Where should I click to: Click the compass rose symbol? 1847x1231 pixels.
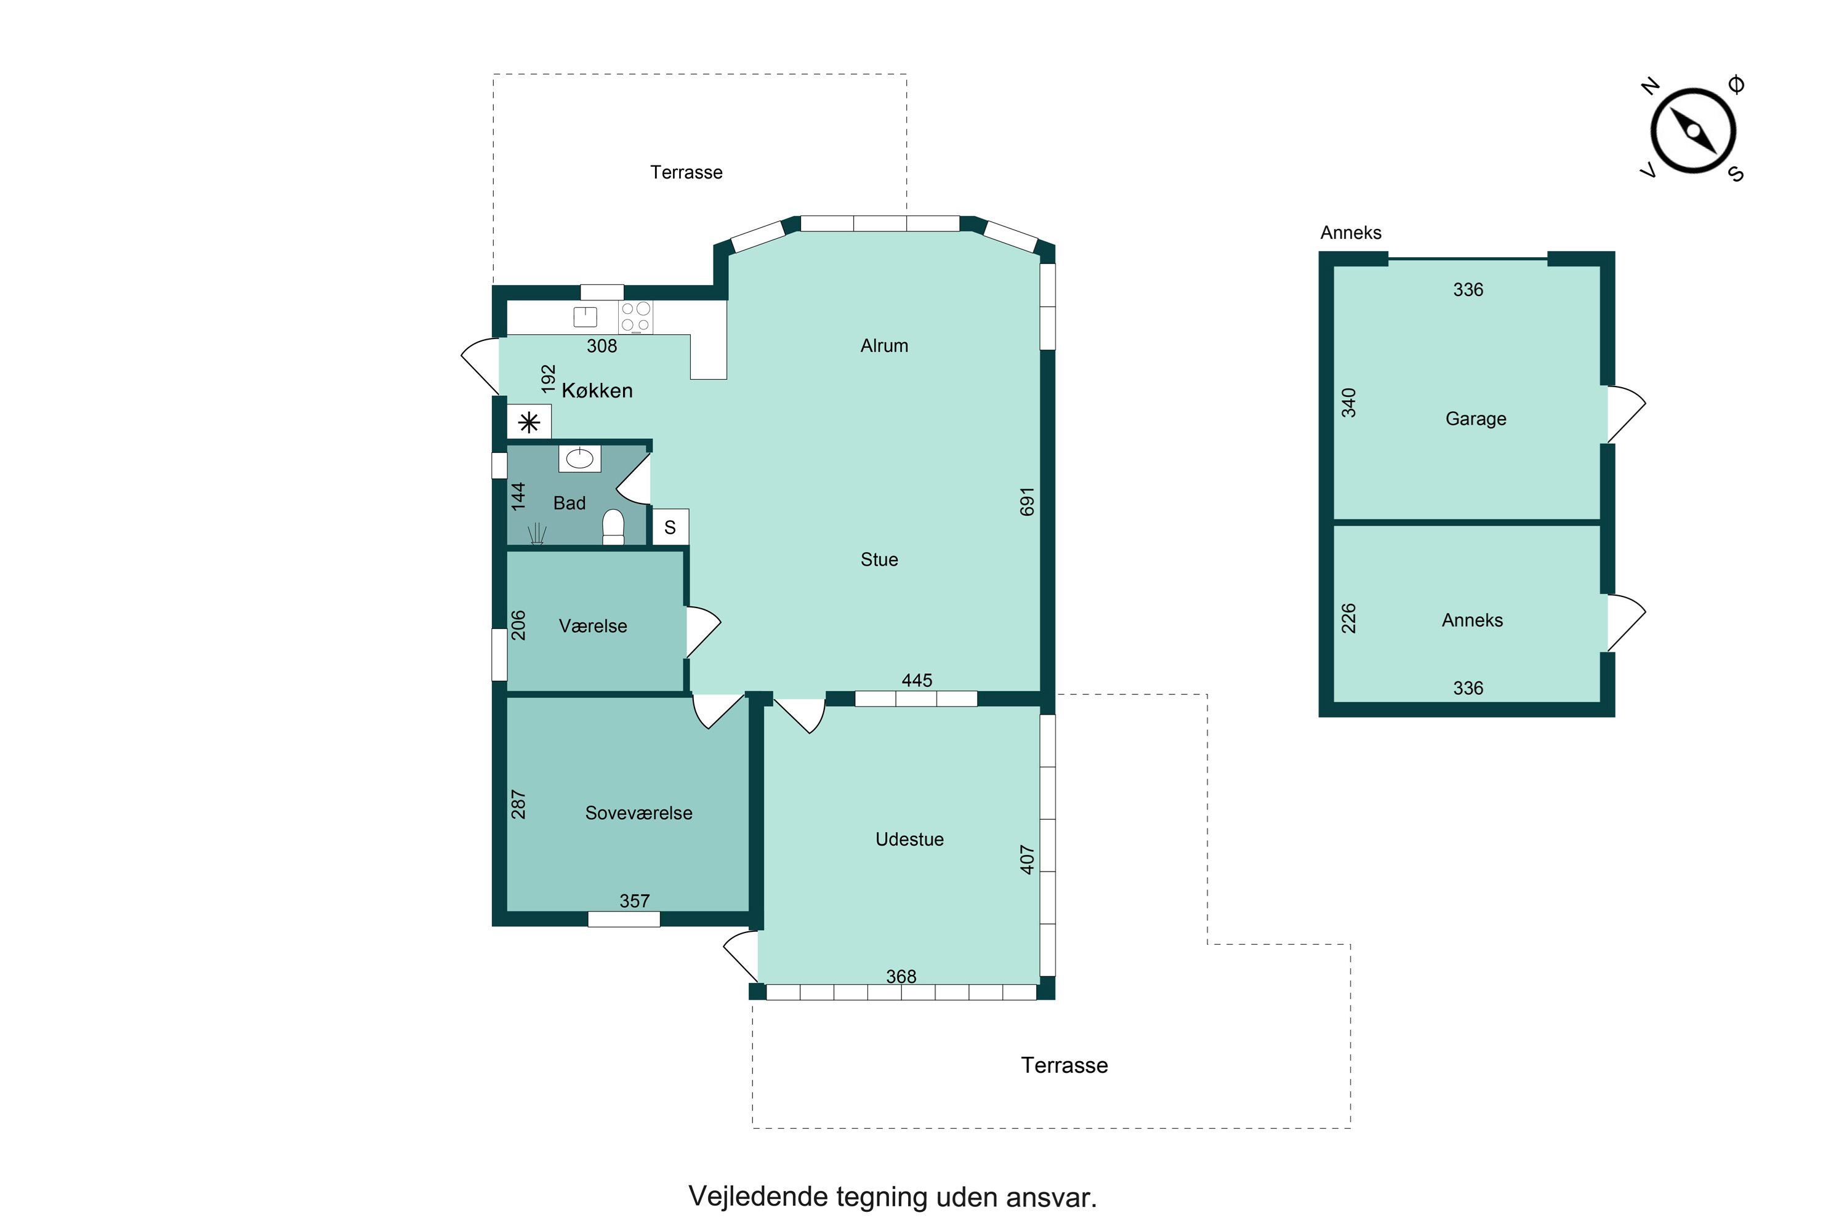1693,131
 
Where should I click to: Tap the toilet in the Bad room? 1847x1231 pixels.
613,527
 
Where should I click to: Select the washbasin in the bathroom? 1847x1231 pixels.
579,459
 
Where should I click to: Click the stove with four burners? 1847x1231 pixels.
635,317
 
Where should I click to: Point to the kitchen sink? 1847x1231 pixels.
585,316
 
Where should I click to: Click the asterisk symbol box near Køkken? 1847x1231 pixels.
529,422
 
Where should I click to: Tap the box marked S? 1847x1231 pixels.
670,527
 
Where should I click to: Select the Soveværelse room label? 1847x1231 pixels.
638,813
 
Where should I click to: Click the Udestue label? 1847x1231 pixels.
909,840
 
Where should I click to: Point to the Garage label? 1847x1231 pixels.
1476,419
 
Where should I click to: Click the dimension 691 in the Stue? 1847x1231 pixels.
1027,502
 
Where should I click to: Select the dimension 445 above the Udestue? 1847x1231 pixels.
917,681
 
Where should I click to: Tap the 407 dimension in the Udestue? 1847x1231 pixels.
1027,860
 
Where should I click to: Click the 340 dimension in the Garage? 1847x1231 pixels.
1348,403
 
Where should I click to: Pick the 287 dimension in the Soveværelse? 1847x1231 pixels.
518,804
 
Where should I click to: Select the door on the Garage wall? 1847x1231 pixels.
1625,414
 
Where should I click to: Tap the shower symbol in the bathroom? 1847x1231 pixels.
537,534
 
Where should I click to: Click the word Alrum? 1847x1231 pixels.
884,346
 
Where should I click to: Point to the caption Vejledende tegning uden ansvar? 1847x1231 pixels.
893,1197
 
